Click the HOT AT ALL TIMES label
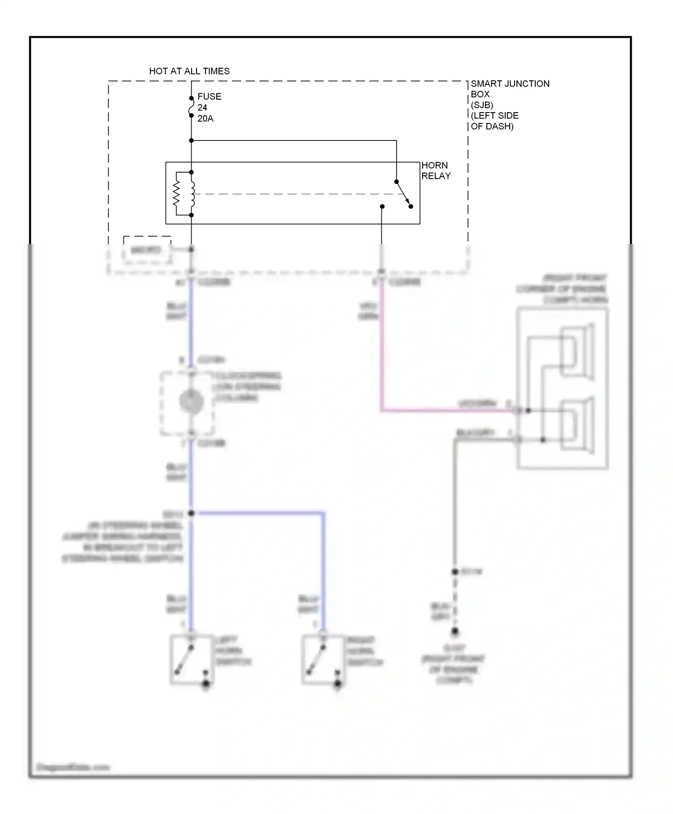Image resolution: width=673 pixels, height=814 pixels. [x=189, y=71]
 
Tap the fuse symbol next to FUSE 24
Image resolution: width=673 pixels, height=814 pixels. [x=191, y=107]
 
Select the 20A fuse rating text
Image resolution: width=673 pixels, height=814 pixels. [x=205, y=119]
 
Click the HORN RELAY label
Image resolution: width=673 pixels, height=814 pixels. [x=435, y=171]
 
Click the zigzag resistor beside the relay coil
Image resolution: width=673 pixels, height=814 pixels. [x=176, y=194]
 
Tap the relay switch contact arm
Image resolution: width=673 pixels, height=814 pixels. [x=403, y=193]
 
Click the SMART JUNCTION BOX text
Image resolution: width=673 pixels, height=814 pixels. [x=510, y=89]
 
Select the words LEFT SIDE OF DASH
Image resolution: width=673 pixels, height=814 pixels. [x=494, y=121]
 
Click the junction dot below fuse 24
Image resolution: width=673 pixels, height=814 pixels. [x=191, y=140]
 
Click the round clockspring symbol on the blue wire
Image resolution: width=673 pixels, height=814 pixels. [x=191, y=402]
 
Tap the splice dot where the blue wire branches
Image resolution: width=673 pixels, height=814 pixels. [x=191, y=513]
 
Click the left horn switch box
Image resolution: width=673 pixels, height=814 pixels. [x=191, y=660]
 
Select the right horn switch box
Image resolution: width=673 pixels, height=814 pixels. [x=323, y=660]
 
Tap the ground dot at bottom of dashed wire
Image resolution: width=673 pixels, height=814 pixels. [x=455, y=632]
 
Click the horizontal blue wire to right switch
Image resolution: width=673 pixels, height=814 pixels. [x=260, y=512]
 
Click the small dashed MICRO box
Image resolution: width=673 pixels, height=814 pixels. [x=147, y=250]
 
